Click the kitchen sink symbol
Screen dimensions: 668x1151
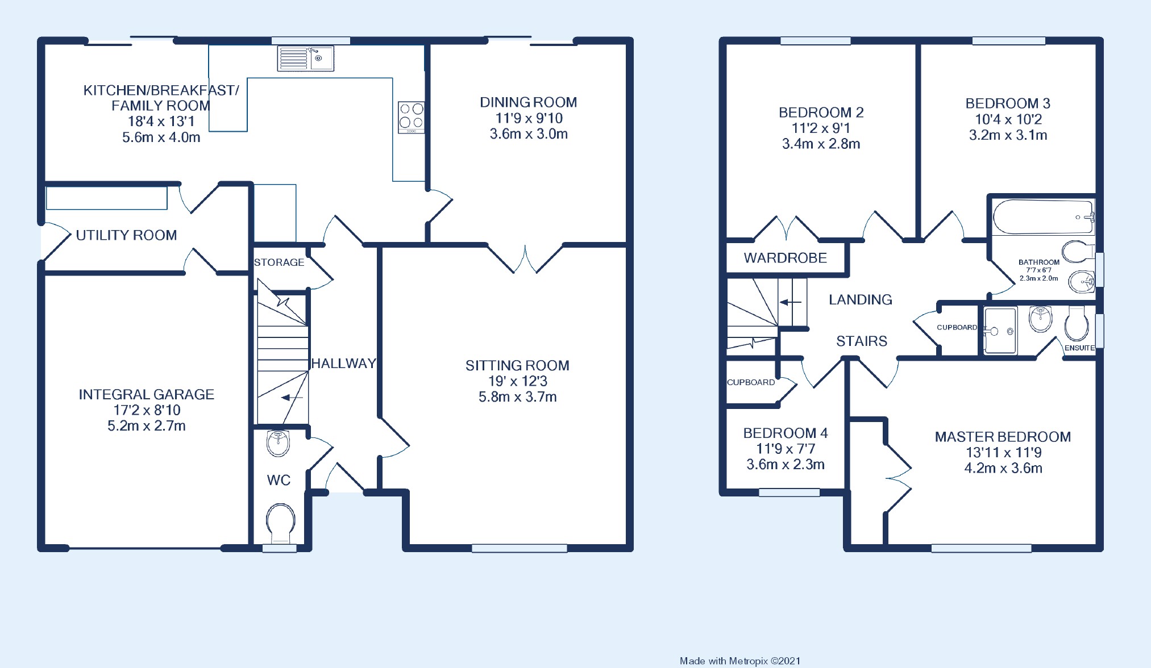[x=306, y=59]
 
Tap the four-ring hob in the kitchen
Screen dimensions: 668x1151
[x=411, y=116]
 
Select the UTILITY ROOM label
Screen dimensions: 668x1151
[x=126, y=235]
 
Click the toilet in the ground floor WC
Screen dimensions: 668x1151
[x=280, y=521]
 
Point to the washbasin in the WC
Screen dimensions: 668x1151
[x=278, y=442]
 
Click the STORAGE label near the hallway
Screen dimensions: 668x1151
[x=279, y=262]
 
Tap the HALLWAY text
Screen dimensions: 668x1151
[x=343, y=364]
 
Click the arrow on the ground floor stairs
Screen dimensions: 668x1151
[x=292, y=398]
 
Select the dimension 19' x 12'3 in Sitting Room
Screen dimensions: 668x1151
[x=517, y=381]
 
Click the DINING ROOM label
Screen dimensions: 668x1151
[x=528, y=102]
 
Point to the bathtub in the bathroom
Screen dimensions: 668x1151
[x=1042, y=217]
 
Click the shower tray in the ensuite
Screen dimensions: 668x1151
[x=1000, y=331]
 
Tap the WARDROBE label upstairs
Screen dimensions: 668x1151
[x=785, y=258]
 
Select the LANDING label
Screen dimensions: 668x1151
[x=860, y=300]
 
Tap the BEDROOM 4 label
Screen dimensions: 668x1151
[x=785, y=433]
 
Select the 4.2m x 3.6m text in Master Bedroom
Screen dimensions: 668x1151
[x=1003, y=469]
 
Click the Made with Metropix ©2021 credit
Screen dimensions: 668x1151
[x=739, y=661]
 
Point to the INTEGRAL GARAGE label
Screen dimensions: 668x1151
[x=146, y=394]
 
